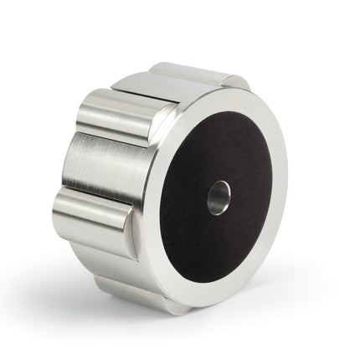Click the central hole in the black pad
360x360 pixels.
tap(219, 197)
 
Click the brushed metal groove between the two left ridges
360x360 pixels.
tap(105, 167)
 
